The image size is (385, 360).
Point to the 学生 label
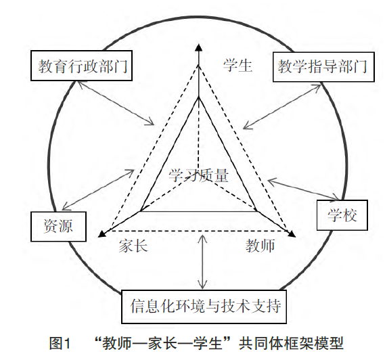tap(237, 66)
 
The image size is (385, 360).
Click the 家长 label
tap(133, 246)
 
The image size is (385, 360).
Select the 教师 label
tap(260, 246)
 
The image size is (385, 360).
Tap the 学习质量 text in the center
tap(198, 175)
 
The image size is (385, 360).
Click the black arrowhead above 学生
tap(199, 47)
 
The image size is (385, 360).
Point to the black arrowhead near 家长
tap(101, 234)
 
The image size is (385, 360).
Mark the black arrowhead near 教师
tap(292, 234)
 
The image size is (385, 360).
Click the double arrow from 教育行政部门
tap(116, 103)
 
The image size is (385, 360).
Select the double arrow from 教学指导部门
tap(282, 106)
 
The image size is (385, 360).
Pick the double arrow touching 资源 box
tap(98, 189)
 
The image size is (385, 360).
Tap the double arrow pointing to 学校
tap(304, 189)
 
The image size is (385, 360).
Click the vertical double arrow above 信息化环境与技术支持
tap(202, 262)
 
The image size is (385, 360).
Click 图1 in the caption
tap(60, 343)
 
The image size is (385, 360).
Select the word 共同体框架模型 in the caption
tap(291, 343)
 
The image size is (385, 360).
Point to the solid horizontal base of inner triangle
tap(198, 211)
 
